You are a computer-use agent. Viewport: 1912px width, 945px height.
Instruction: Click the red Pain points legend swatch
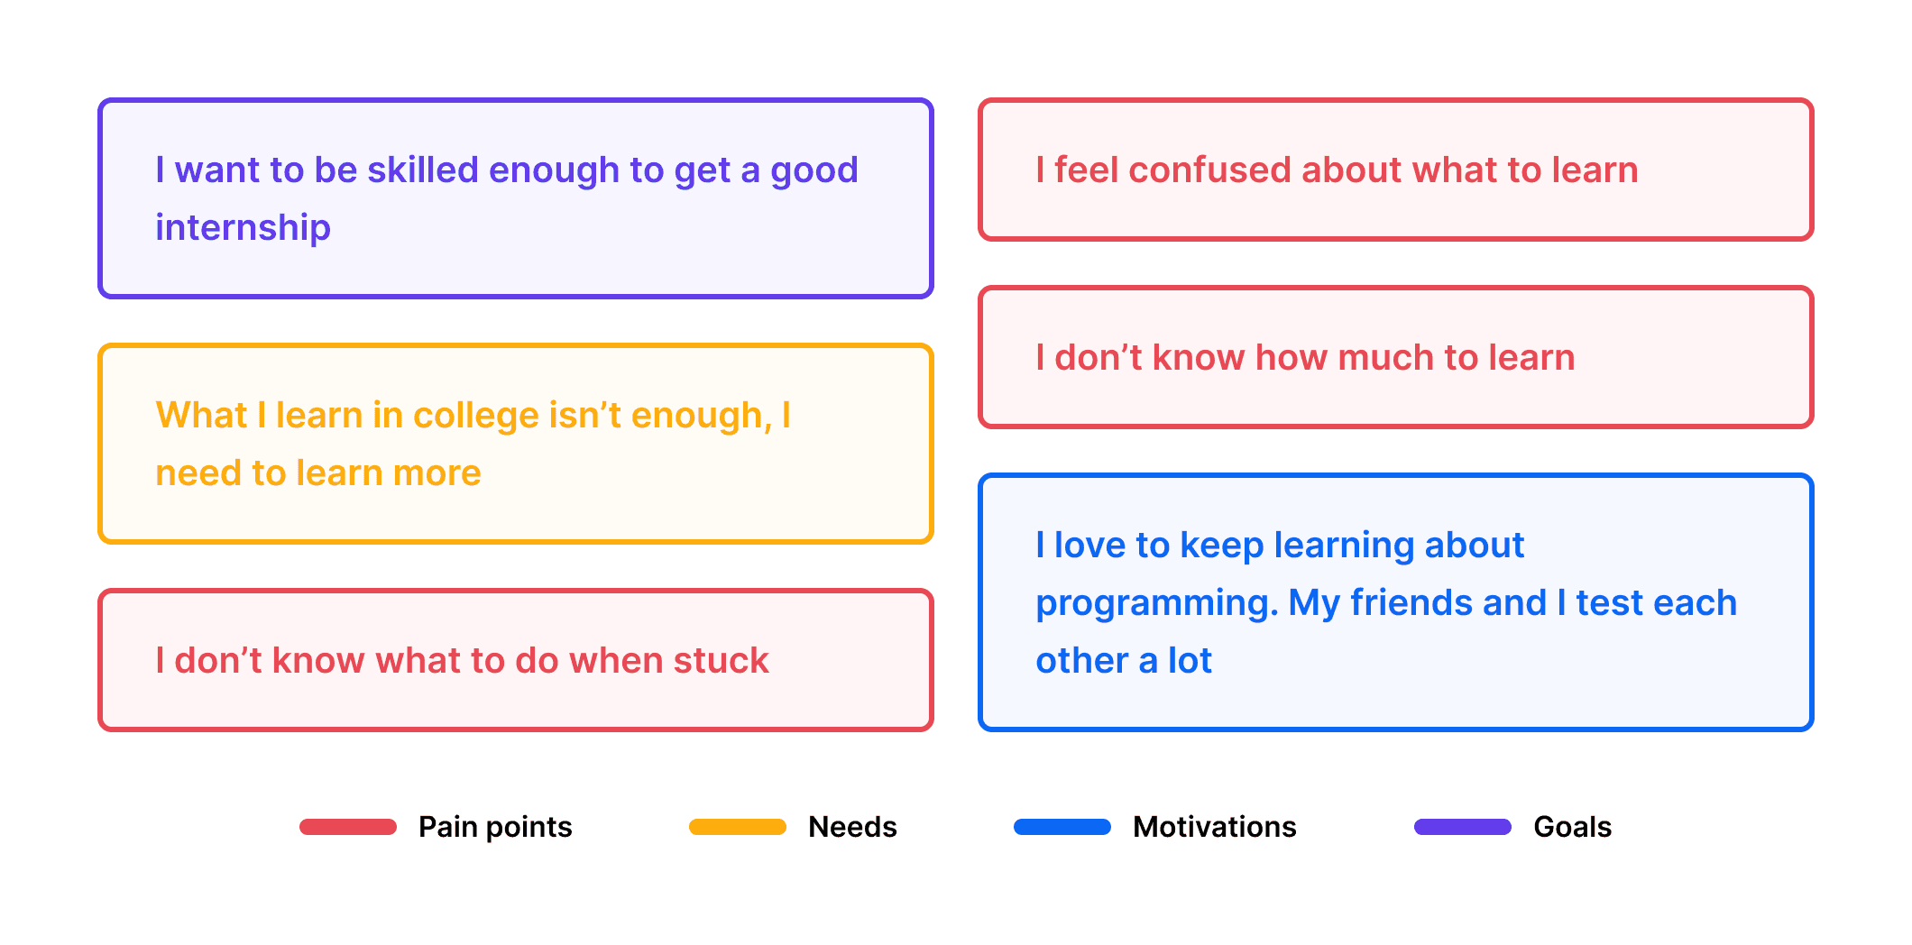(x=348, y=827)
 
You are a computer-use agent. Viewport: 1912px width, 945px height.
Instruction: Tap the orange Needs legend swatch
(x=738, y=827)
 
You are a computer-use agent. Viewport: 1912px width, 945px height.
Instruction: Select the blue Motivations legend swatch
(x=1062, y=827)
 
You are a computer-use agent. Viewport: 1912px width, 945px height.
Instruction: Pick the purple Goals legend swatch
(x=1463, y=827)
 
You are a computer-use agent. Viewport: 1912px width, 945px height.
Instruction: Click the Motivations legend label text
(x=1214, y=827)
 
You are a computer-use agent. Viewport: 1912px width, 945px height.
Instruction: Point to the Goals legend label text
(x=1572, y=827)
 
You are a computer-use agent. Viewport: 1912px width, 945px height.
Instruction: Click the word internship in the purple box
(x=243, y=228)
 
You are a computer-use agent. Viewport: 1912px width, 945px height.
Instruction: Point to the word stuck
(x=721, y=661)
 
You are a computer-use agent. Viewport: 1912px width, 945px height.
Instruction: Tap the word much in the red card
(x=1385, y=358)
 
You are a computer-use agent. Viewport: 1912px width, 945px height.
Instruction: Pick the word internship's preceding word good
(x=814, y=170)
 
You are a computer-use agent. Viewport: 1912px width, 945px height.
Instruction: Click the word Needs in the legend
(x=852, y=827)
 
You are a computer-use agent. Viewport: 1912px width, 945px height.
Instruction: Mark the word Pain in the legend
(x=447, y=827)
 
